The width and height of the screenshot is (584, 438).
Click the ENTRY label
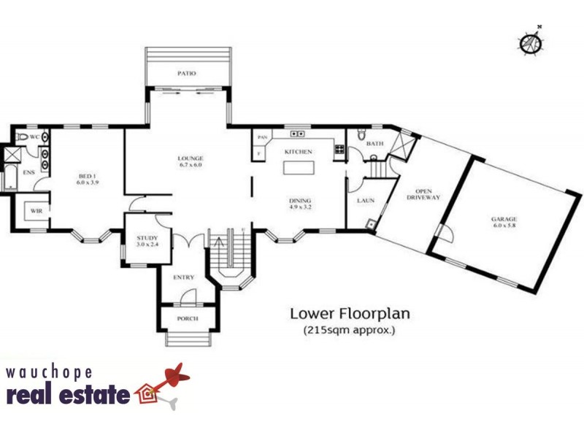tap(183, 277)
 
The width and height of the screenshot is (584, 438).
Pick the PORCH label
tap(188, 319)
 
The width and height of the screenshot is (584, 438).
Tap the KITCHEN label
tap(299, 152)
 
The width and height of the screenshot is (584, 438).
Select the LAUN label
tap(366, 199)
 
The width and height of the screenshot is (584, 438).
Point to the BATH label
tap(374, 144)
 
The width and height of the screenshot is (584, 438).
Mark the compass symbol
tap(531, 42)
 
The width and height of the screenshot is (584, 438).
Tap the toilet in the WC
tap(22, 137)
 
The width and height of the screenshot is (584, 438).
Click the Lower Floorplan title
tap(350, 315)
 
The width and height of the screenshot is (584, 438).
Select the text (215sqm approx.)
tap(349, 331)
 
